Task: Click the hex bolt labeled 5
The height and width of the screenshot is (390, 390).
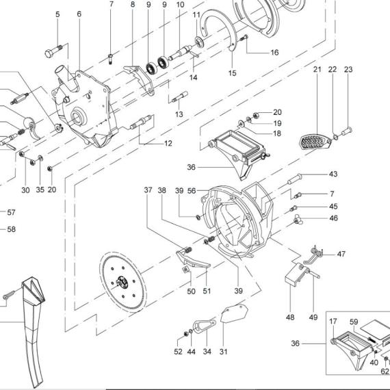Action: click(53, 51)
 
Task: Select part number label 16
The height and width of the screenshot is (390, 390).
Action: click(274, 53)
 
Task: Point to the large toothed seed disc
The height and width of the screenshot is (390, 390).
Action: click(123, 282)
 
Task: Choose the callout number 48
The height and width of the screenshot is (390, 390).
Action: click(290, 317)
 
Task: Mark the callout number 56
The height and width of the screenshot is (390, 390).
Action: click(192, 191)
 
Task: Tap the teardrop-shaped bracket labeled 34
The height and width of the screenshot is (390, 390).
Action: click(205, 326)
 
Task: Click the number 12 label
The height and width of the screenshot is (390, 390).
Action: click(168, 143)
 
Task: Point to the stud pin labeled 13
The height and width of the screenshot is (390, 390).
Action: click(179, 96)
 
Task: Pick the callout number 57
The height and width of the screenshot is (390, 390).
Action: click(11, 212)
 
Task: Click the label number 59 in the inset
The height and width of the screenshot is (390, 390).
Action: click(354, 322)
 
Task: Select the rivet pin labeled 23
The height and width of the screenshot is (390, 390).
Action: click(346, 131)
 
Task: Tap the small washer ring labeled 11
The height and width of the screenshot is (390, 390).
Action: click(199, 41)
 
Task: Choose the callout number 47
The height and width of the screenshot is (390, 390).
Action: click(341, 254)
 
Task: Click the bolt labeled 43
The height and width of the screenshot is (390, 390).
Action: click(295, 179)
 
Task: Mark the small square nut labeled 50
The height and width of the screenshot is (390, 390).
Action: click(185, 270)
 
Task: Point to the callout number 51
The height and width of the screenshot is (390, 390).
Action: click(207, 291)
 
